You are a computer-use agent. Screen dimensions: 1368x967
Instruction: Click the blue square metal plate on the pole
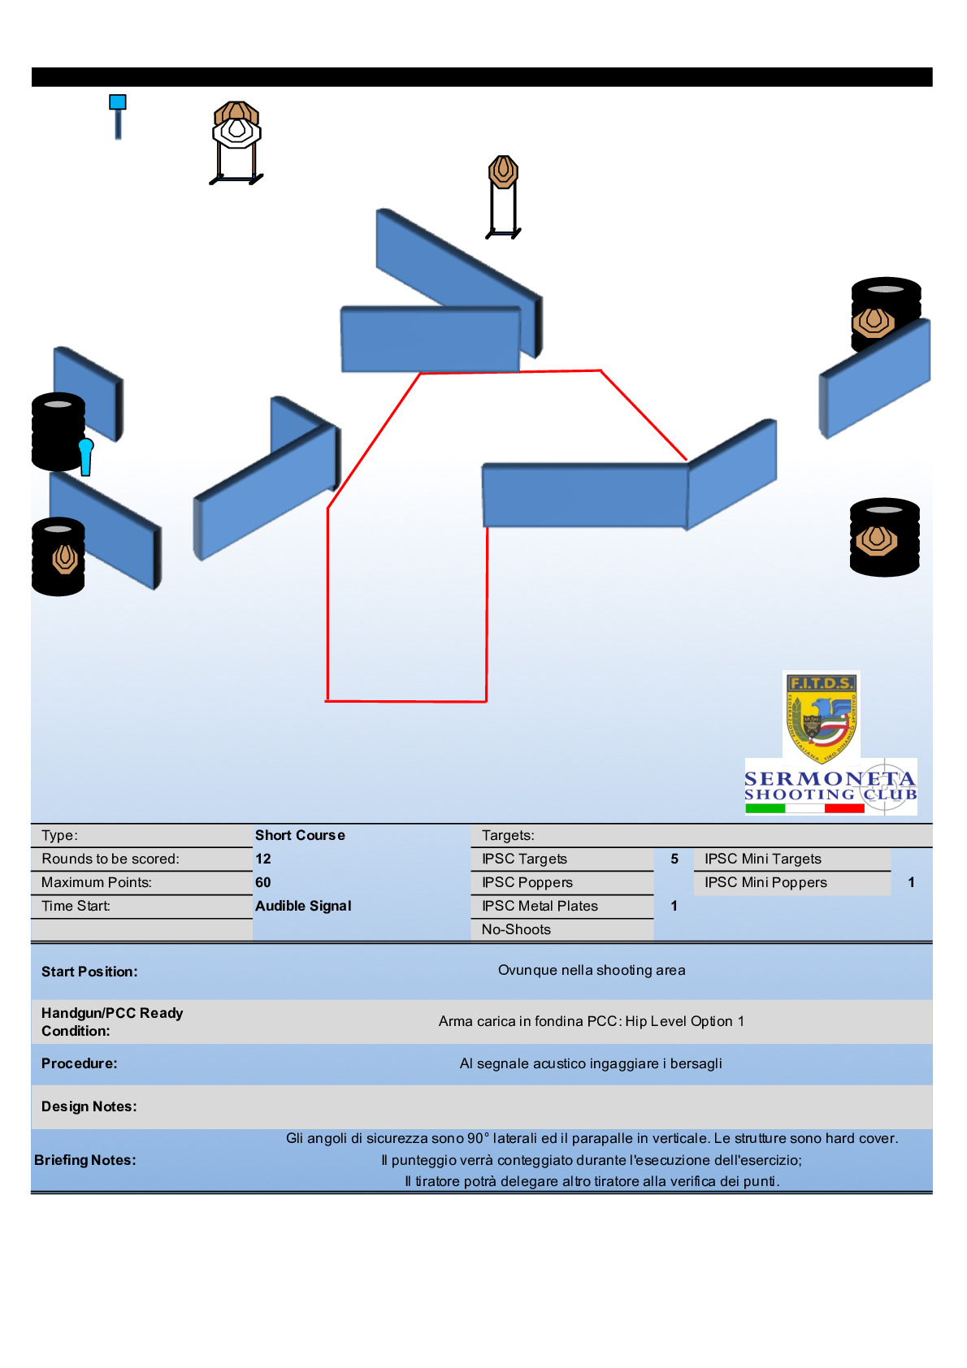coord(118,102)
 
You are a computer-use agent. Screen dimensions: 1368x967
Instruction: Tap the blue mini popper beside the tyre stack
coord(85,456)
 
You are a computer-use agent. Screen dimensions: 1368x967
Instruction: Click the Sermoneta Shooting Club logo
coord(830,787)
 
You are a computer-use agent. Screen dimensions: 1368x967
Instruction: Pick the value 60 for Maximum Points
coord(263,882)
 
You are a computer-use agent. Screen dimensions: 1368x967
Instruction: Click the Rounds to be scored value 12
coord(263,859)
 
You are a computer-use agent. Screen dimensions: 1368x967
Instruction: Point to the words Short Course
coord(300,835)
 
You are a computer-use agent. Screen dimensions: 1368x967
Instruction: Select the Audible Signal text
coord(303,906)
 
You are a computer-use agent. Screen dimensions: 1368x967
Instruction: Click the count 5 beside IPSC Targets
coord(674,859)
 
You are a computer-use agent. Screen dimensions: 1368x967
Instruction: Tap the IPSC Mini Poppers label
coord(765,882)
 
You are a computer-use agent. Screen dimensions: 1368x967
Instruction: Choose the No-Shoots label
coord(516,929)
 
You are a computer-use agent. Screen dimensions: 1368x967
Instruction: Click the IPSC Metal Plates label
coord(540,906)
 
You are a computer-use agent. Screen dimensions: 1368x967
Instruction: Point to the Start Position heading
coord(89,972)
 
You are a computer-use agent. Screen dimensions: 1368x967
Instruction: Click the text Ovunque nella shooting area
coord(592,970)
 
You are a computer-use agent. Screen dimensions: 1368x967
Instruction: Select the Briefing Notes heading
coord(85,1160)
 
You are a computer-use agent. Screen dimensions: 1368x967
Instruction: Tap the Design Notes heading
coord(89,1106)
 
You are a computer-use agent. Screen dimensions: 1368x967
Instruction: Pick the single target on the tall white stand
coord(503,171)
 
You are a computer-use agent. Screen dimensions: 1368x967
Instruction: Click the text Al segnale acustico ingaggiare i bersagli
coord(591,1063)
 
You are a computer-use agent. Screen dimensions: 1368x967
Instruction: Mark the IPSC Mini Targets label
coord(763,859)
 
